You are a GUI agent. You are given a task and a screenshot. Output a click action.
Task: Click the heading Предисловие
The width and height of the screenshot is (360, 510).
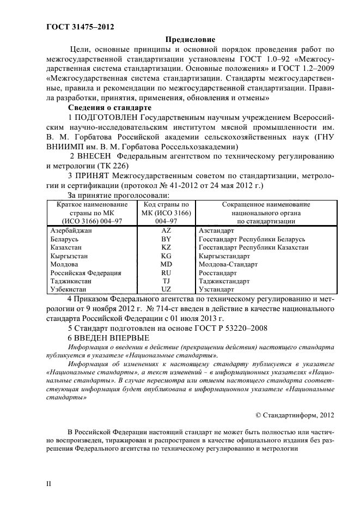click(190, 39)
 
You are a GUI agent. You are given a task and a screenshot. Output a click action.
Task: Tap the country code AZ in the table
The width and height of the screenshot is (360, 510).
click(166, 231)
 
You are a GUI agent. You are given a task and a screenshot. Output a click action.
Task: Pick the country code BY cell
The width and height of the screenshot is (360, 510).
click(166, 239)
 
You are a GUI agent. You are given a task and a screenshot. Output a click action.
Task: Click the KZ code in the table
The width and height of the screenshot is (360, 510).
click(166, 247)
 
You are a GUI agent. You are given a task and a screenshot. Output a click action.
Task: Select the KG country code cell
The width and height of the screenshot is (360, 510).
click(166, 256)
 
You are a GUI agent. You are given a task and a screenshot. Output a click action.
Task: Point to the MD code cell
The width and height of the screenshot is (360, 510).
click(166, 264)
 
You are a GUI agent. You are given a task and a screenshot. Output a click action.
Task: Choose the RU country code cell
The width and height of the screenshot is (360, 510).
click(166, 272)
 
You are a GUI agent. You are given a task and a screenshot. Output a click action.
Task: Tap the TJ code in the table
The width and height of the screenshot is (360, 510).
click(166, 281)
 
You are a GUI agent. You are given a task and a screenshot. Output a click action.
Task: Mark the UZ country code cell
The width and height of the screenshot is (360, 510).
click(166, 289)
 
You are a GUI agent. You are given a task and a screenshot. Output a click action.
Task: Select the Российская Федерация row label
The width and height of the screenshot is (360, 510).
click(86, 272)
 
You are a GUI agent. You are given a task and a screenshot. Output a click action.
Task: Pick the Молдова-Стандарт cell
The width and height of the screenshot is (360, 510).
click(229, 264)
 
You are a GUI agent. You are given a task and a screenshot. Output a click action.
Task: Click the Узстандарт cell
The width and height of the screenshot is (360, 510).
click(217, 289)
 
